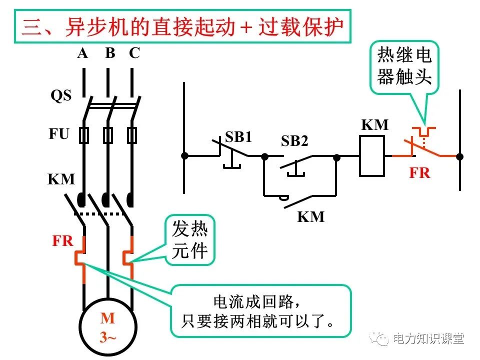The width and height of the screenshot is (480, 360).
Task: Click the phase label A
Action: [x=82, y=53]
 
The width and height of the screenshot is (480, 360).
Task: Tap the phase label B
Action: [x=110, y=53]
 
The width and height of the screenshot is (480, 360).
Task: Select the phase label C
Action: [x=134, y=53]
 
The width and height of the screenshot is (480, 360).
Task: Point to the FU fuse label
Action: [x=59, y=134]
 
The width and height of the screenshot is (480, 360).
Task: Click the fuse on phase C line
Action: [x=132, y=135]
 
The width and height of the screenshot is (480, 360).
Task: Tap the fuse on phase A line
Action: [x=84, y=135]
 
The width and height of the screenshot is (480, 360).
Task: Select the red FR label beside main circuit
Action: [x=63, y=241]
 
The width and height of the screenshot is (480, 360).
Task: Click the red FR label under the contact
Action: [x=419, y=173]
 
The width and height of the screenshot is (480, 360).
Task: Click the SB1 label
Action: [x=238, y=137]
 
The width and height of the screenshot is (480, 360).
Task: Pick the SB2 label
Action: [x=294, y=141]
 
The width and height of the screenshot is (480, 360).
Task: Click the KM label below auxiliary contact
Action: [x=311, y=217]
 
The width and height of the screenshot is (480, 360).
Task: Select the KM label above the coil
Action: [x=375, y=124]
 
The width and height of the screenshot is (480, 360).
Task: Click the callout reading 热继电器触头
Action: [x=404, y=66]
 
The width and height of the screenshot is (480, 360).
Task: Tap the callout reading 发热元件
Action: [x=189, y=240]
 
